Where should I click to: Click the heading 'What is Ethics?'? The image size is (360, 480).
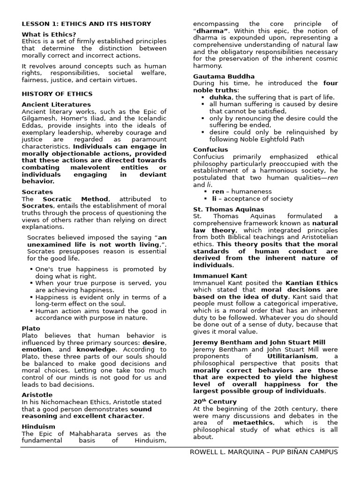coord(49,34)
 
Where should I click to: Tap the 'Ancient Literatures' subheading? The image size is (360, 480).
coord(56,105)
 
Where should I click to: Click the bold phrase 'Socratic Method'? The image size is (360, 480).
coord(75,199)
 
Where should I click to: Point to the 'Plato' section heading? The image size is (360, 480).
coord(31,329)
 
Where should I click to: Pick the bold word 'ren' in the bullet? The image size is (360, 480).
coord(218,192)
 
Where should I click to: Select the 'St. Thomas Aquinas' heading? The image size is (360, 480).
coord(228,209)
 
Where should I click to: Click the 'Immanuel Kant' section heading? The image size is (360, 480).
coord(220,276)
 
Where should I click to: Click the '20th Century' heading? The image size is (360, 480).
coord(215,402)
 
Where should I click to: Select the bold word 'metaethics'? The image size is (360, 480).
coord(253,423)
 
